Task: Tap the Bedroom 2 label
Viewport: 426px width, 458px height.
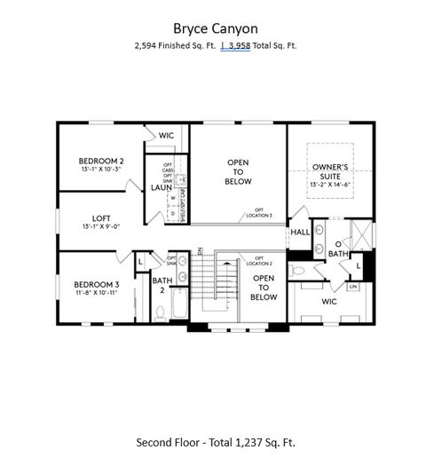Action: click(99, 161)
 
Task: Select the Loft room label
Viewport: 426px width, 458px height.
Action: click(101, 217)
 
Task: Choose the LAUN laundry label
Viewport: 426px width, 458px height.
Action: click(161, 187)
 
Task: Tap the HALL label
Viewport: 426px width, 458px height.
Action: click(299, 232)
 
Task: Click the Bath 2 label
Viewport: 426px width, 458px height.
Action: click(162, 285)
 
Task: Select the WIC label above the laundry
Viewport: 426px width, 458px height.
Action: click(166, 136)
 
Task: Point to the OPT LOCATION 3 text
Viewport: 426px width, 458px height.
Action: click(259, 213)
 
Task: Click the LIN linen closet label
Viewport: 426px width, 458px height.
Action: click(352, 287)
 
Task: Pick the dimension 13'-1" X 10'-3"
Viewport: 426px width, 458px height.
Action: click(99, 169)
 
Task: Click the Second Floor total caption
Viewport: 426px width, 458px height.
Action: click(216, 441)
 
